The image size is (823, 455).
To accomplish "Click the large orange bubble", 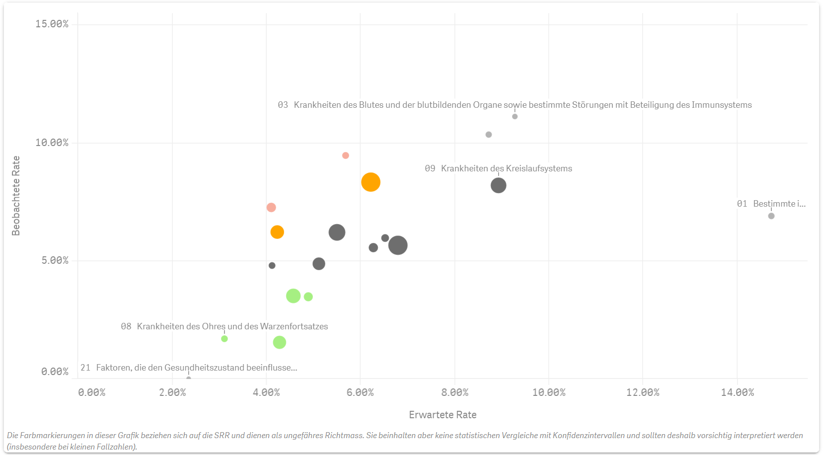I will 371,182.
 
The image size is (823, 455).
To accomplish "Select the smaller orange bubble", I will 277,232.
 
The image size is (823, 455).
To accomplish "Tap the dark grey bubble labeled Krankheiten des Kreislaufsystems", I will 498,185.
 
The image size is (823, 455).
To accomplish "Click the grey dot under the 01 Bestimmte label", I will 771,216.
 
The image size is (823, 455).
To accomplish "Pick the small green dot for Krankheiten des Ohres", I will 224,339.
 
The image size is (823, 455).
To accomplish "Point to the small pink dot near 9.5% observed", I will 346,155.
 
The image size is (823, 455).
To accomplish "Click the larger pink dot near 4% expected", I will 271,207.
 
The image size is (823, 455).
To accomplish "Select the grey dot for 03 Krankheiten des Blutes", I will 515,117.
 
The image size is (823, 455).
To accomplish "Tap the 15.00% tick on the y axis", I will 52,24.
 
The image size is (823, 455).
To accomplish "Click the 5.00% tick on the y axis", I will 55,261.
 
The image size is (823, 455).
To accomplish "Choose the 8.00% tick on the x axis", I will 454,393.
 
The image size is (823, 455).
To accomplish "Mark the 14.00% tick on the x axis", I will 737,393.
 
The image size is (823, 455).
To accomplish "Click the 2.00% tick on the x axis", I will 172,393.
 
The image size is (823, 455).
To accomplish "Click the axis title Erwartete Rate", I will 443,415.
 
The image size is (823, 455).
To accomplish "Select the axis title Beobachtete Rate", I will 16,196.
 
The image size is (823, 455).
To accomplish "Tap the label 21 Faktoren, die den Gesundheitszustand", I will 189,368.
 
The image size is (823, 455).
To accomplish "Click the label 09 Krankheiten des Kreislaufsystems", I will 498,168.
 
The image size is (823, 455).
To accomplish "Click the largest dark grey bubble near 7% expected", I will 398,245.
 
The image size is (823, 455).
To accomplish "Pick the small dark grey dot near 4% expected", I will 272,266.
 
